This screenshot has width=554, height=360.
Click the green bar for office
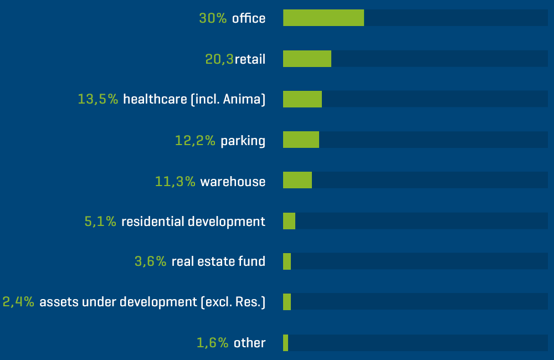point(324,18)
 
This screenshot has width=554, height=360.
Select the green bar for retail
point(307,59)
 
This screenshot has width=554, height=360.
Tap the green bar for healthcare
point(302,99)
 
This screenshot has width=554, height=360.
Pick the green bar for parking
point(301,140)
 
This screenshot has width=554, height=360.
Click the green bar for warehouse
point(297,180)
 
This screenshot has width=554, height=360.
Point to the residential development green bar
point(289,221)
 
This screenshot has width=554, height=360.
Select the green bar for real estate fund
point(287,261)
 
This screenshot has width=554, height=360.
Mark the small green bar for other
point(286,342)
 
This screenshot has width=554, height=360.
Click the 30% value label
point(213,18)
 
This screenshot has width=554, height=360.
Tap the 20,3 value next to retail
point(219,59)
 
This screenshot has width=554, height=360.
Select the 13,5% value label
point(98,100)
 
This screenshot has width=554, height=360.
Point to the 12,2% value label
point(195,141)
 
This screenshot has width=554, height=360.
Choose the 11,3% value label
point(175,181)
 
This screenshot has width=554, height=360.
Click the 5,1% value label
point(100,222)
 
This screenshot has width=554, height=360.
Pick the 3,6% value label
point(150,261)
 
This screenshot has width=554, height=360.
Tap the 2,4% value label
point(19,302)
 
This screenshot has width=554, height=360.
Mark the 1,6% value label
point(212,343)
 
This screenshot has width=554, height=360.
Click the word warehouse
point(233,181)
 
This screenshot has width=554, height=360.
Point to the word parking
point(243,141)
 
